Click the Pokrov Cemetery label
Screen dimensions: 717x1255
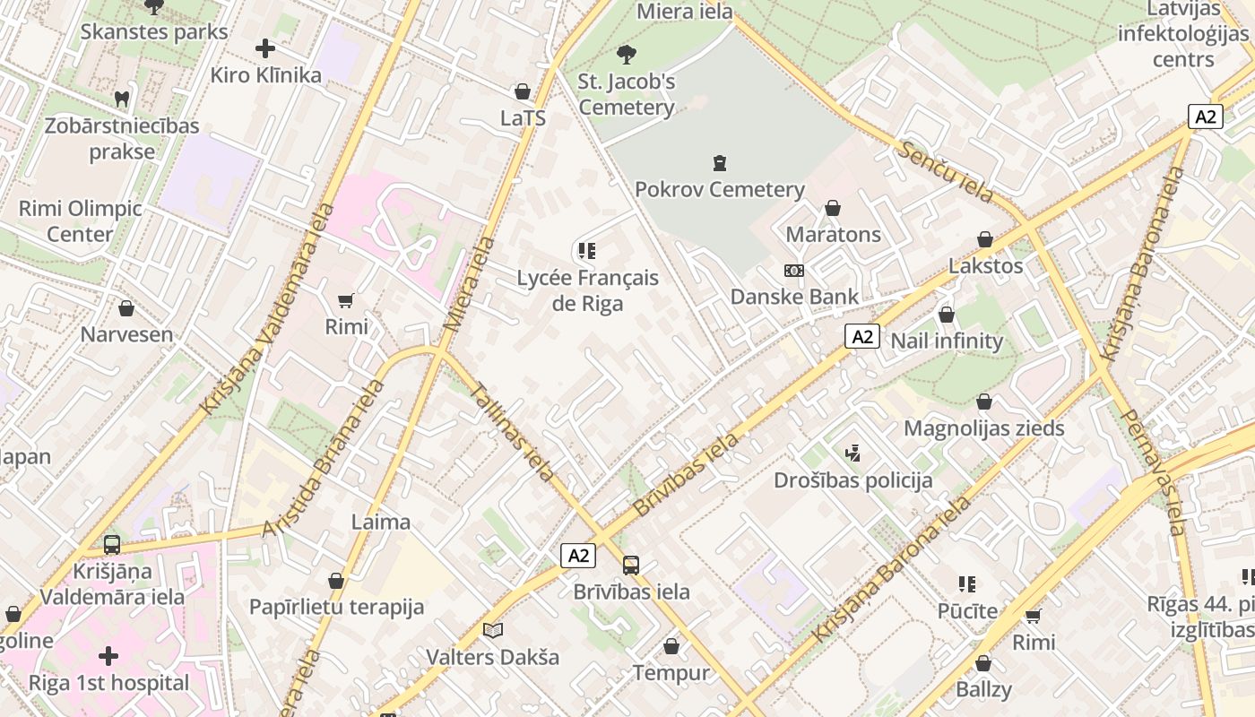719,189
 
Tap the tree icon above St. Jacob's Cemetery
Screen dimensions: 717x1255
627,55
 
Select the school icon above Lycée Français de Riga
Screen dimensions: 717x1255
587,251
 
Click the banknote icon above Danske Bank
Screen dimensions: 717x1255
793,271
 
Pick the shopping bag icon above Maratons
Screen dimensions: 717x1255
833,208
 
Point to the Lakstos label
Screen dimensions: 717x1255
985,266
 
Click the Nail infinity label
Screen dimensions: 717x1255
946,341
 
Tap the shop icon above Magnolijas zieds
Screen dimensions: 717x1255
984,402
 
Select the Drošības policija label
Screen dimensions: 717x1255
853,480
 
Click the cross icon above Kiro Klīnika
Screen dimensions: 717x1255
265,48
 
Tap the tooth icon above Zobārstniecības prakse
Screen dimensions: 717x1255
122,99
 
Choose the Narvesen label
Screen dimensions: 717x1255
126,334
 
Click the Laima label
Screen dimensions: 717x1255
381,522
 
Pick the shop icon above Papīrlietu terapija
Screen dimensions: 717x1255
336,582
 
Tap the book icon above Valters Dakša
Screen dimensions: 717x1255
492,631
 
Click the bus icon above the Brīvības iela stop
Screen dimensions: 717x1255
631,566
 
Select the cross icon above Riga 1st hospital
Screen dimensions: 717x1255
108,657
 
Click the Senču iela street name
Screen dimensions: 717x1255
947,171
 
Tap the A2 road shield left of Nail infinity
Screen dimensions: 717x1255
861,337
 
